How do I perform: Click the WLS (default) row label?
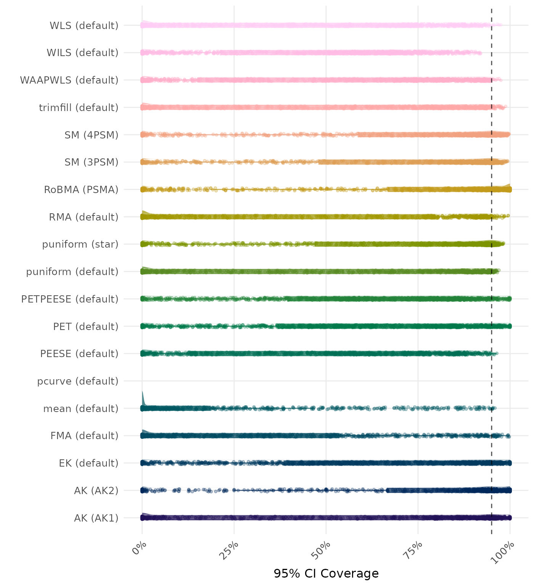coord(84,26)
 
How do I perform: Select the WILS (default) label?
coord(82,53)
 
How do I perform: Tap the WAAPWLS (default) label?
coord(69,80)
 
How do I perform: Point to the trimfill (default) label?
coord(79,108)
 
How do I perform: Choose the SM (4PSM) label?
coord(92,135)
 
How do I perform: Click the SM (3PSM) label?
coord(92,162)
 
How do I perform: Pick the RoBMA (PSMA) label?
coord(81,190)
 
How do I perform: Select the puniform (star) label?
coord(80,244)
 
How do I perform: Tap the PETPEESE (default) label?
coord(70,299)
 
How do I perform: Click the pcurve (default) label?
coord(78,381)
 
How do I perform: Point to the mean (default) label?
coord(81,409)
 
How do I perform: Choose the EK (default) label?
coord(88,463)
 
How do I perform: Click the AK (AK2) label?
coord(96,491)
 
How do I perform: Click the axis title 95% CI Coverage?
coord(326,573)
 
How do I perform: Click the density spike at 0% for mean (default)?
coord(143,399)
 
